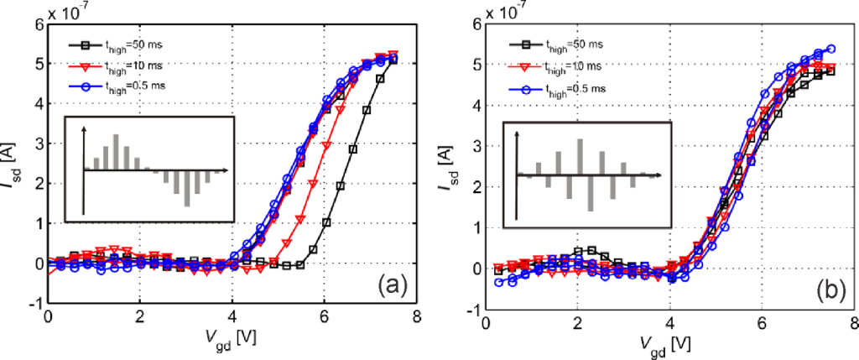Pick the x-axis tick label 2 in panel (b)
pyautogui.click(x=576, y=323)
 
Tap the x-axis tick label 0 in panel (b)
pyautogui.click(x=485, y=323)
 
